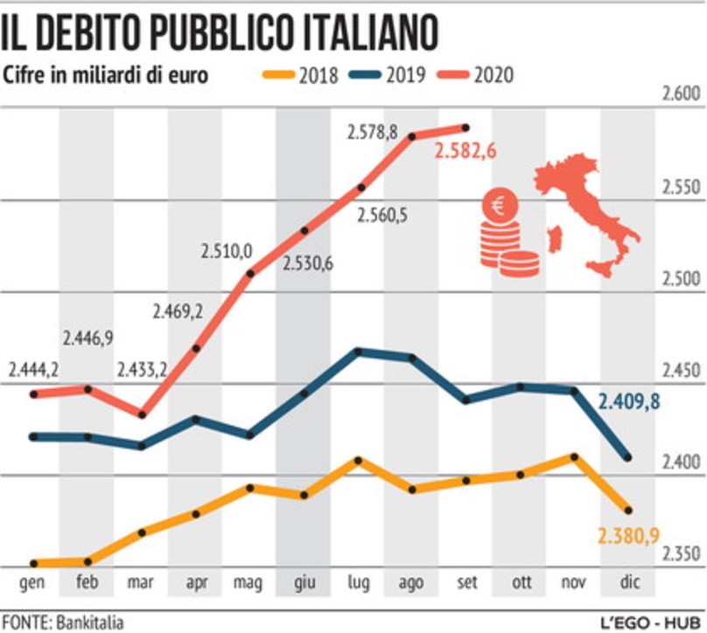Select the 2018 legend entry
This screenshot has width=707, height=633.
(304, 75)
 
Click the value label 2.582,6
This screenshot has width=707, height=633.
(465, 151)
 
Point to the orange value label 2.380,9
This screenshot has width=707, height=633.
(628, 536)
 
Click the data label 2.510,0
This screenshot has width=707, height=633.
(225, 252)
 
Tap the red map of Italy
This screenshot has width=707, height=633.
(588, 213)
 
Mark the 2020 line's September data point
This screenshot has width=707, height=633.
(465, 128)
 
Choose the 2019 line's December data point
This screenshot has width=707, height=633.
(628, 457)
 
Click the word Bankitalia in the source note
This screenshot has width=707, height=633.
(90, 623)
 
